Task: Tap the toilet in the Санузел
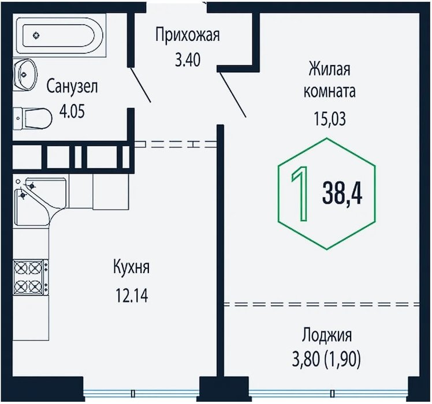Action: (33, 119)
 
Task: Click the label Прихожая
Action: (188, 35)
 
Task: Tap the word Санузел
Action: (72, 87)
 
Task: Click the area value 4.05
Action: (72, 110)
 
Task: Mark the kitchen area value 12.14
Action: (132, 297)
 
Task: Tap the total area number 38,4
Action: (343, 194)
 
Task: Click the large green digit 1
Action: (299, 194)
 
